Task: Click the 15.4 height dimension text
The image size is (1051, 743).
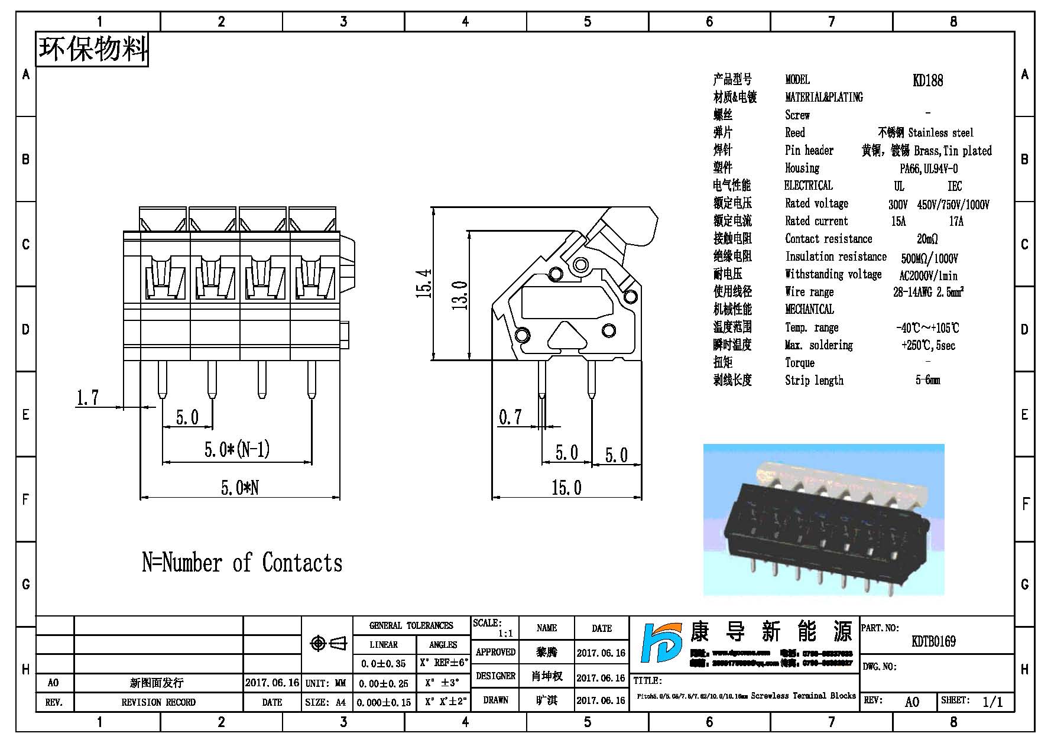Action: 424,284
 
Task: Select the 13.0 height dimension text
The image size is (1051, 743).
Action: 460,295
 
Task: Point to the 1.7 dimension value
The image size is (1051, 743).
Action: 87,398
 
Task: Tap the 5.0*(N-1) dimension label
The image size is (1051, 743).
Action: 237,450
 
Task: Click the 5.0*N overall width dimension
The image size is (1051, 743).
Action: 239,488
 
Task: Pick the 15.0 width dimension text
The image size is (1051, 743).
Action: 566,488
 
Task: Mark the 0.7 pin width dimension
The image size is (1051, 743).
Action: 510,417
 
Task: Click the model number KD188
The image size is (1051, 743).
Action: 927,80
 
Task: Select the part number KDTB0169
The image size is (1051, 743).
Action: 933,641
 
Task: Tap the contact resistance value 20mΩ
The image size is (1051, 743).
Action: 927,239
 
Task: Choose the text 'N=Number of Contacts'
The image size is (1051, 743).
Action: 242,563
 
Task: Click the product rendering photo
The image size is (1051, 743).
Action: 823,520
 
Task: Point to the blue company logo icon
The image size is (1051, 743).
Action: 663,651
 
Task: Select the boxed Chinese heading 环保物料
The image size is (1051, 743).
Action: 92,49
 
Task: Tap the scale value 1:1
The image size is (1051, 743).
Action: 505,634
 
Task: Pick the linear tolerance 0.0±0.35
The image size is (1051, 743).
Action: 384,663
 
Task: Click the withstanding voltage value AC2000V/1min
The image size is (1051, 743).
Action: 928,275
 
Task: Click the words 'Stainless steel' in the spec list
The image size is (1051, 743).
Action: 940,132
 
